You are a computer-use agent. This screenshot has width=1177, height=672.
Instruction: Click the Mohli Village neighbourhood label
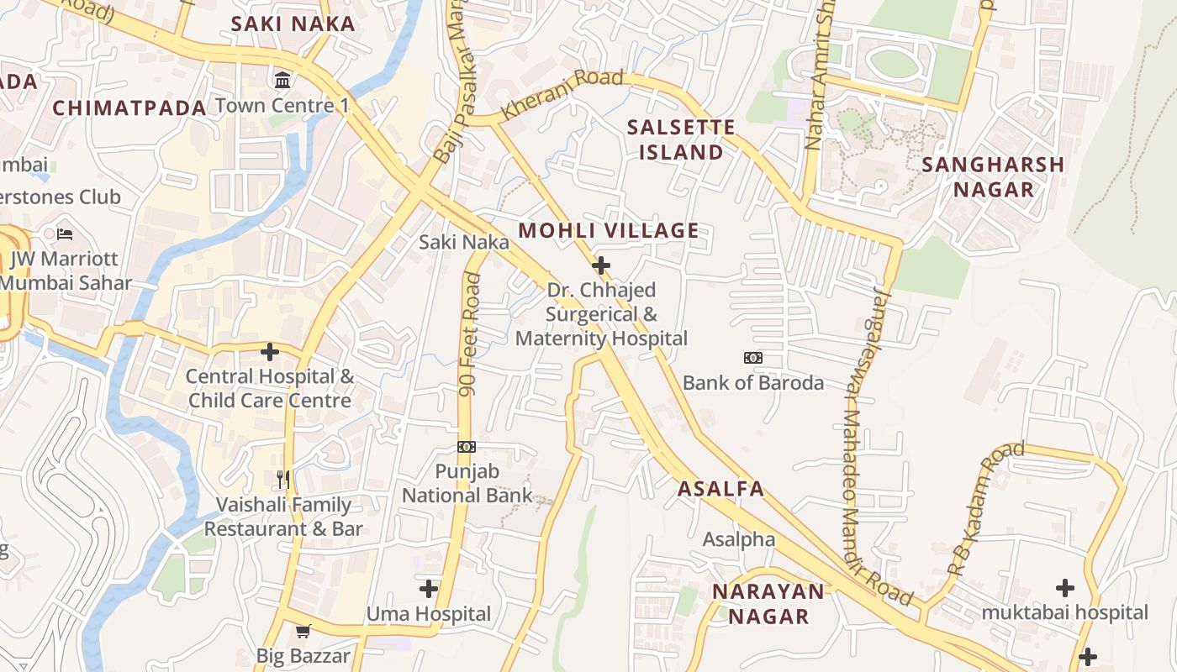tap(608, 230)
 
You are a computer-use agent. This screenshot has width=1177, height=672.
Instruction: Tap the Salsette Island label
tap(681, 139)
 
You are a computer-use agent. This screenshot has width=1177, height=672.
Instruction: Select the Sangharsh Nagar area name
tap(993, 176)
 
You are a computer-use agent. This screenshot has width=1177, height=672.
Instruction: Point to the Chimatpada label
tap(129, 108)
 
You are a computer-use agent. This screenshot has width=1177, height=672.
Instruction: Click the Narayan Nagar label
tap(768, 603)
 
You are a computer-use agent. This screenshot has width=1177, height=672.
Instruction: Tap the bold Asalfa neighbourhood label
tap(721, 489)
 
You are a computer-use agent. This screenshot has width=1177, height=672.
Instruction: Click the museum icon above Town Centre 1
tap(283, 81)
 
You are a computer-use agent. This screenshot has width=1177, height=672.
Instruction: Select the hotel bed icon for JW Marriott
tap(65, 234)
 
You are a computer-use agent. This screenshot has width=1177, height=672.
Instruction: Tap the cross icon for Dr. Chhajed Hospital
tap(601, 266)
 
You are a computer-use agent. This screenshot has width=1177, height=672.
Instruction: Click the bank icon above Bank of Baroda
tap(753, 358)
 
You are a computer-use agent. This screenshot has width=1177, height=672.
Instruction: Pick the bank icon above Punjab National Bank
tap(467, 447)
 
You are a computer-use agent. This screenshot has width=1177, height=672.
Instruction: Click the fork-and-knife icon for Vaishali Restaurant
tap(283, 480)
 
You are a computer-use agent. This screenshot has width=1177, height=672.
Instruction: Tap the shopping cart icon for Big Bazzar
tap(303, 631)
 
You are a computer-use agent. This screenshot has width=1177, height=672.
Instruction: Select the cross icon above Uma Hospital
tap(429, 589)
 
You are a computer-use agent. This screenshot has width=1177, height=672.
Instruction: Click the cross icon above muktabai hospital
tap(1065, 588)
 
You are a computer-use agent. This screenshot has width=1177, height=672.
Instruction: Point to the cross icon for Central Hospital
tap(270, 352)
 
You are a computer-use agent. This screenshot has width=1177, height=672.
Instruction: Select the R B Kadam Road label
tap(985, 508)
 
